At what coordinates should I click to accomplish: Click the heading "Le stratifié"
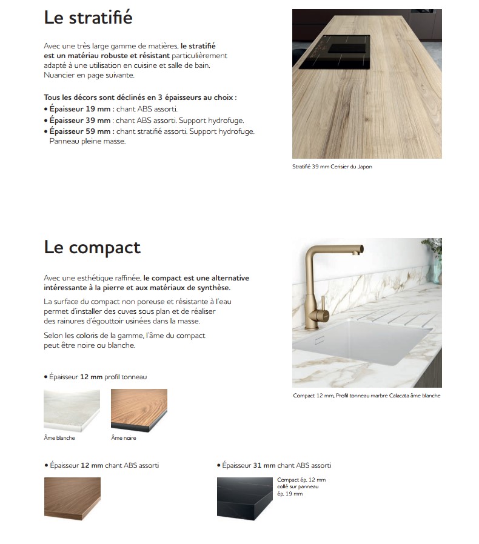(88, 18)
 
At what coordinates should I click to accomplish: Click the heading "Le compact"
(92, 247)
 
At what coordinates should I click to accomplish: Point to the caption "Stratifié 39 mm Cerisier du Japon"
(332, 167)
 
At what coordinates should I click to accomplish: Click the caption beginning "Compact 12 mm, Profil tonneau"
(366, 396)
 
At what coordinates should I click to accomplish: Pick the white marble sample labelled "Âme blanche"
(72, 410)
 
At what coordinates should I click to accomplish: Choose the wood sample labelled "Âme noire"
(139, 410)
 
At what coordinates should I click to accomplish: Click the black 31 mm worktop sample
(245, 497)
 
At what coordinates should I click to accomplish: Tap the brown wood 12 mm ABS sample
(72, 497)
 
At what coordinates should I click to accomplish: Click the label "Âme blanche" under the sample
(59, 437)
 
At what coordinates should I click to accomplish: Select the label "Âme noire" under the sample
(124, 437)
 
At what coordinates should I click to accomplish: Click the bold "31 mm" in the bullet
(264, 465)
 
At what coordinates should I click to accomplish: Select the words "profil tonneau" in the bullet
(126, 377)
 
